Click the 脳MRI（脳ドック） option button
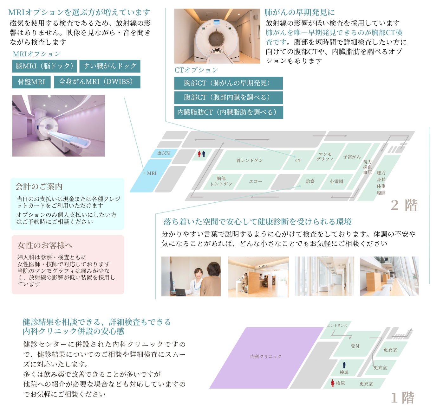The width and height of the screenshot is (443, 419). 45,66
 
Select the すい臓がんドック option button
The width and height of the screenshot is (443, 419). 110,66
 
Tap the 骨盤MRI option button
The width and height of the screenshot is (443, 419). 31,82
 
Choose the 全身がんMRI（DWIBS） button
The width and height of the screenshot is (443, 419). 97,82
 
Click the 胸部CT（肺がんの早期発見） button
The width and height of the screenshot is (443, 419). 228,83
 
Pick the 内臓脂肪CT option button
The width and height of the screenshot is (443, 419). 228,112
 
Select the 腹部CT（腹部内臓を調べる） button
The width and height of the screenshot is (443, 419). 228,98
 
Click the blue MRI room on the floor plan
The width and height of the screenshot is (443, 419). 152,174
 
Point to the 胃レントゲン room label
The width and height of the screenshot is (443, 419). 249,161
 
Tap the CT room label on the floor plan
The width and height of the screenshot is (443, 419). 298,161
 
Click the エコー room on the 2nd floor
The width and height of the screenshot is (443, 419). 256,181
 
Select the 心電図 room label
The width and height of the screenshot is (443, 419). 336,181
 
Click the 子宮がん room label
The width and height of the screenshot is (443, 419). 352,157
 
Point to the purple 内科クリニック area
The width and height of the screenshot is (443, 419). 266,357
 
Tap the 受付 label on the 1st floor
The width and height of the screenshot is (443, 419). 355,346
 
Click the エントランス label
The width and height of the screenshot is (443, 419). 337,326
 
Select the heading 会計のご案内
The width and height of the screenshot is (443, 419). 39,187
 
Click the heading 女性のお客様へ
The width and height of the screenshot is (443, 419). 45,245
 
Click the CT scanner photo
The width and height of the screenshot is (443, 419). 217,36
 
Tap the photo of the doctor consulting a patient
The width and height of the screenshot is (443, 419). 191,276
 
